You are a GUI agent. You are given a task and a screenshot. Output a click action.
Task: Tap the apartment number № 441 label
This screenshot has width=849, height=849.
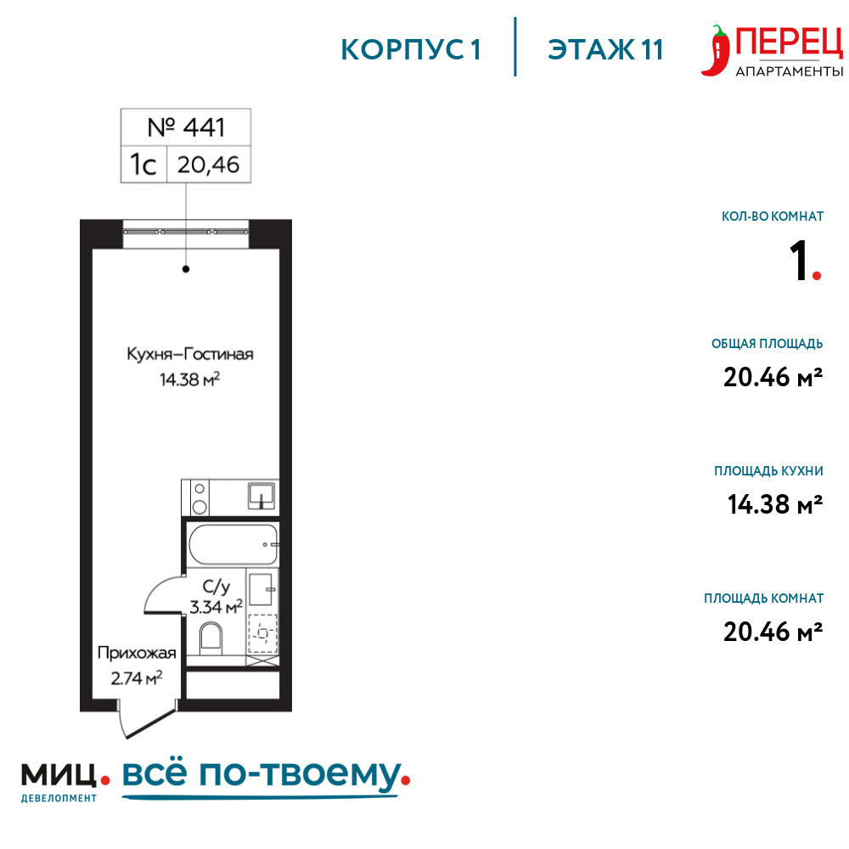click(186, 127)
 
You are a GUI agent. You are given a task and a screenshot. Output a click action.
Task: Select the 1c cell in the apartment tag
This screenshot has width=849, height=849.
click(143, 164)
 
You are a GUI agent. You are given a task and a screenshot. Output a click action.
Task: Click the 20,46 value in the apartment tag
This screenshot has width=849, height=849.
click(209, 165)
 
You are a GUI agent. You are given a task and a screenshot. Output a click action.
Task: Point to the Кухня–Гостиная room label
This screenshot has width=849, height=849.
click(190, 354)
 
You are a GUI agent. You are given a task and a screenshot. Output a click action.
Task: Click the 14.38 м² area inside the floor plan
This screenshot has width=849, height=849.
click(189, 379)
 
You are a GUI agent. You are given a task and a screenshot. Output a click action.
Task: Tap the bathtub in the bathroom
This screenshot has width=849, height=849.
click(233, 544)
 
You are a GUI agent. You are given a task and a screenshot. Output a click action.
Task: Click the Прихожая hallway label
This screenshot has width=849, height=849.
click(137, 653)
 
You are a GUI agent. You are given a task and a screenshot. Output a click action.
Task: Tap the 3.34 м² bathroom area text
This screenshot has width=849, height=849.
click(216, 607)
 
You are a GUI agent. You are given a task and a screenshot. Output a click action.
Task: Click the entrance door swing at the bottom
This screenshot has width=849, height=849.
click(146, 718)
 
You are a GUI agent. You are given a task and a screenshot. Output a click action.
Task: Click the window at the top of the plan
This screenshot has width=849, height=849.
click(186, 232)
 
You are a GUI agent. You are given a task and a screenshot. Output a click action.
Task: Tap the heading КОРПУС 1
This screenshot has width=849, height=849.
click(411, 50)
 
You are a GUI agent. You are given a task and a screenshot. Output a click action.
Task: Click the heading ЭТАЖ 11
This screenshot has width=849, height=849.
click(605, 50)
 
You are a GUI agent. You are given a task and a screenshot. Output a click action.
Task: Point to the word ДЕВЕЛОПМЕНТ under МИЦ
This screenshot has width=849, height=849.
click(59, 798)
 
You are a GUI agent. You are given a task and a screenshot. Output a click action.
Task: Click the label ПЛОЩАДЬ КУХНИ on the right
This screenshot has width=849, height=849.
click(768, 471)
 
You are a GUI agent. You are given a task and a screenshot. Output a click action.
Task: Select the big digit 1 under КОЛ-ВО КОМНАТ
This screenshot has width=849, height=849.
click(799, 261)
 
